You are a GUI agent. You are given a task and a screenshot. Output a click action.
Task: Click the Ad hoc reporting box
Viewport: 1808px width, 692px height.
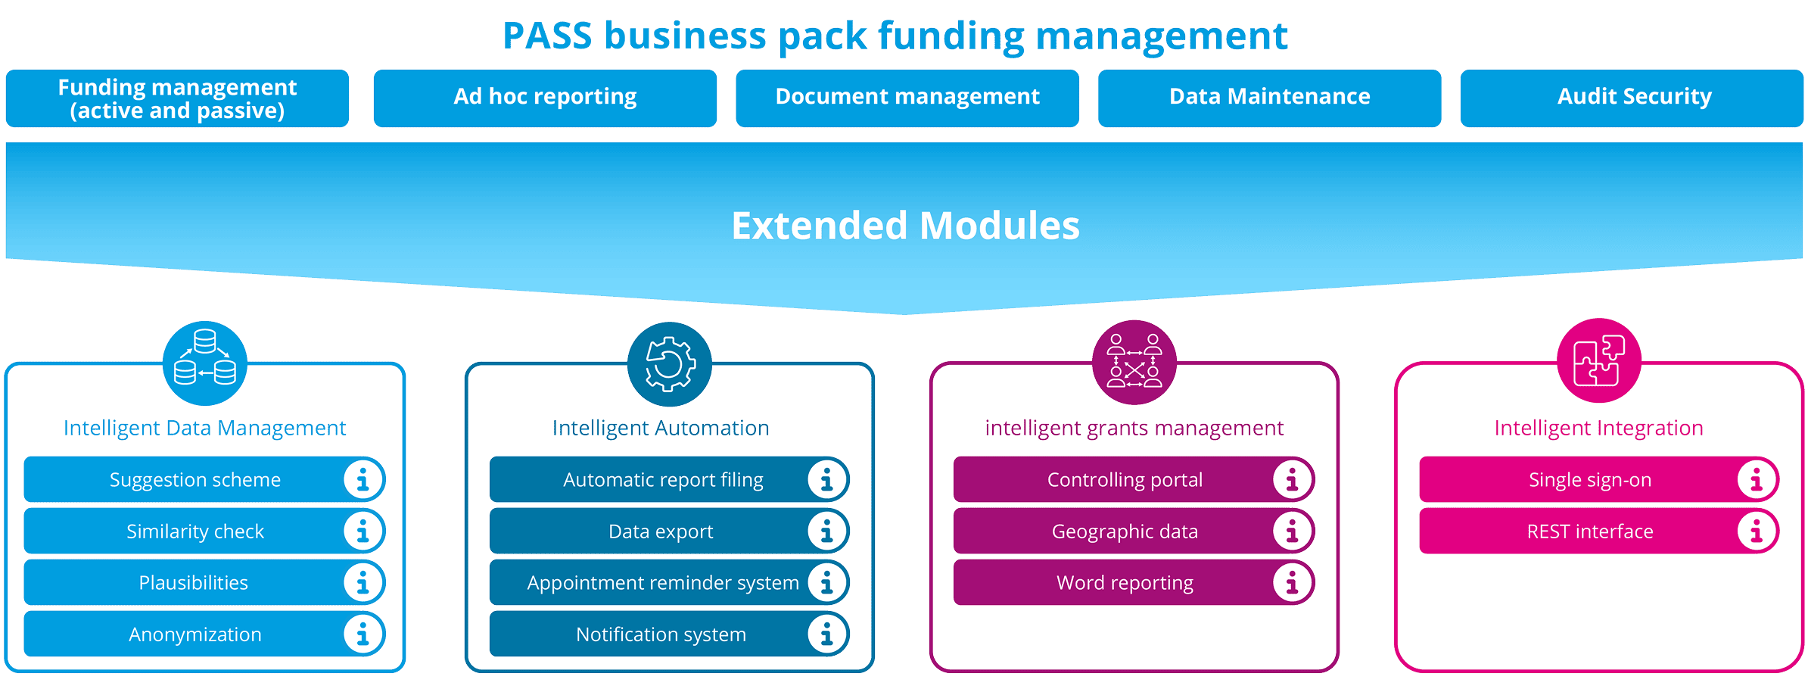pyautogui.click(x=545, y=98)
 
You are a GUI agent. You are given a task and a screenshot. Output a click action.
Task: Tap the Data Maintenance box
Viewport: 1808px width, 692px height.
pyautogui.click(x=1269, y=98)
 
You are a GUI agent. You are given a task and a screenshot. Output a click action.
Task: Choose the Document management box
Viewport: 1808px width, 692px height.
pyautogui.click(x=907, y=98)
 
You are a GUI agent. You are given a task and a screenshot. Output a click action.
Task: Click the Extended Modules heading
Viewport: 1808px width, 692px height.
pyautogui.click(x=905, y=226)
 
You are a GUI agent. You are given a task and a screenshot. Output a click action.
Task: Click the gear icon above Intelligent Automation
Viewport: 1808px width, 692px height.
pyautogui.click(x=670, y=364)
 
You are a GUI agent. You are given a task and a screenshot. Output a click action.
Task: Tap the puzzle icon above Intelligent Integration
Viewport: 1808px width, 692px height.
pyautogui.click(x=1598, y=361)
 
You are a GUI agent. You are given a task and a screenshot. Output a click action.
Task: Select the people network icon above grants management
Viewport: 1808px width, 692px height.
pyautogui.click(x=1134, y=362)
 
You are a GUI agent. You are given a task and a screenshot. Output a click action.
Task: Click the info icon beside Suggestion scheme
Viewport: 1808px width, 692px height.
pyautogui.click(x=363, y=479)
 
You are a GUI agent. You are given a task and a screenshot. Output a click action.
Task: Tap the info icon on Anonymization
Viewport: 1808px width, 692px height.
pyautogui.click(x=363, y=634)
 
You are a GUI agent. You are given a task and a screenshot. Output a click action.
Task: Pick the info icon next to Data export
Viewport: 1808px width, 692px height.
pyautogui.click(x=826, y=531)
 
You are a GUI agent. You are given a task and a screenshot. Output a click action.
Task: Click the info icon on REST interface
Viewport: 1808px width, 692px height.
pyautogui.click(x=1756, y=531)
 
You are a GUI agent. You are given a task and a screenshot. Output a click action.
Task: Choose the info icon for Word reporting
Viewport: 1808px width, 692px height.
pyautogui.click(x=1292, y=583)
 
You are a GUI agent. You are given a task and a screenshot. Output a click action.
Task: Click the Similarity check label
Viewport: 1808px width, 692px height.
pyautogui.click(x=195, y=531)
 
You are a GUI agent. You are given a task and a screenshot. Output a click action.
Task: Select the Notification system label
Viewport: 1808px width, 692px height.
pyautogui.click(x=661, y=634)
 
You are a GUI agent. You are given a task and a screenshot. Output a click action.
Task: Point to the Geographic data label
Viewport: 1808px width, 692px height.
pyautogui.click(x=1125, y=531)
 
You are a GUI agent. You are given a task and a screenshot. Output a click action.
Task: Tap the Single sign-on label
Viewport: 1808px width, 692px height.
pyautogui.click(x=1590, y=480)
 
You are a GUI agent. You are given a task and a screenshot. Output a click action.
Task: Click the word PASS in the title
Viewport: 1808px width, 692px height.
pyautogui.click(x=547, y=36)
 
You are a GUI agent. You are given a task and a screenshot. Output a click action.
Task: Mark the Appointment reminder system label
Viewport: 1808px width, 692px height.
pyautogui.click(x=663, y=583)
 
